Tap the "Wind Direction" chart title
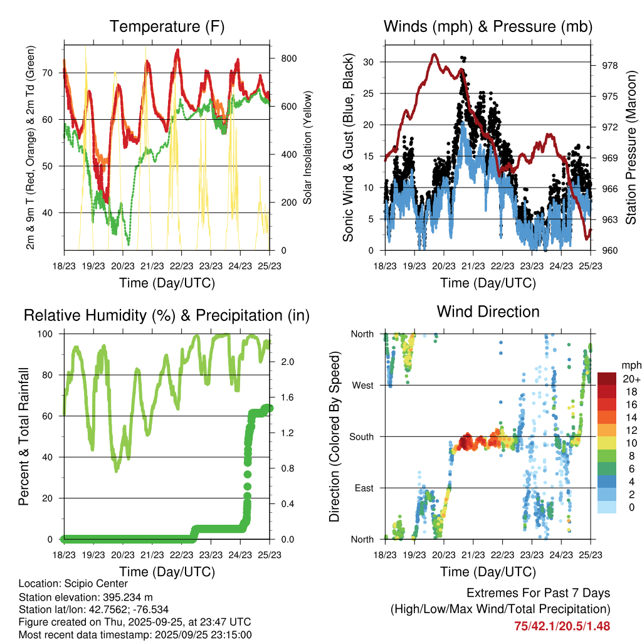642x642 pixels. point(488,311)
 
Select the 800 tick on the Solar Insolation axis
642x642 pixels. point(288,58)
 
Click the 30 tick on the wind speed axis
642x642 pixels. point(369,62)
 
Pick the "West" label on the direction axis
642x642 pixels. point(362,385)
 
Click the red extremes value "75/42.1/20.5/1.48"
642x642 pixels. point(562,626)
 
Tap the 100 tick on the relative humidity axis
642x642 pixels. point(49,334)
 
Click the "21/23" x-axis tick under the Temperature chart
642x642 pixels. point(152,265)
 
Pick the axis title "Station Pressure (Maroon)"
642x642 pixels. point(631,147)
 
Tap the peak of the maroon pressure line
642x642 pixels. point(434,55)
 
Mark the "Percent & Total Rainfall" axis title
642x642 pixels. point(24,436)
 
